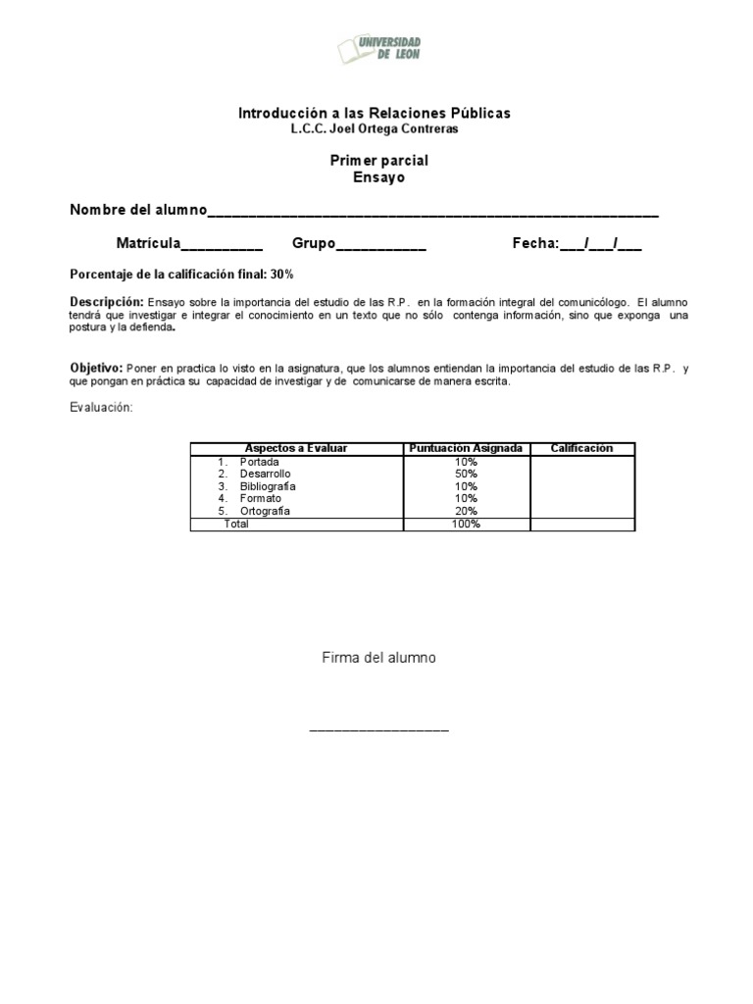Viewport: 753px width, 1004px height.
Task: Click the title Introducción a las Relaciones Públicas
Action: click(375, 114)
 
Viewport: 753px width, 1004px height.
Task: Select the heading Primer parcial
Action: click(377, 161)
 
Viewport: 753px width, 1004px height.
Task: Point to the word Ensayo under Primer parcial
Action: click(377, 177)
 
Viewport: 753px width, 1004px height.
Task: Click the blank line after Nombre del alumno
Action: click(432, 212)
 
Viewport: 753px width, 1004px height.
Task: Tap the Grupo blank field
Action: click(381, 244)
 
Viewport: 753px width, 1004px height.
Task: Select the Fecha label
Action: click(534, 243)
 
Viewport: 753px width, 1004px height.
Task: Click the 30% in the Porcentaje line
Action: click(282, 274)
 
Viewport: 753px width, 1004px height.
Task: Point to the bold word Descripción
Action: click(107, 301)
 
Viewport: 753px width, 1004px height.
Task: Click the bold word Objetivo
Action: click(96, 368)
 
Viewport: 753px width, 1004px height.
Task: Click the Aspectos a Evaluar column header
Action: click(296, 449)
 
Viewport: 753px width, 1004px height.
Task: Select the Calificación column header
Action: click(581, 449)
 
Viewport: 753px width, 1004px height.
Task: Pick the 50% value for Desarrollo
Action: click(466, 474)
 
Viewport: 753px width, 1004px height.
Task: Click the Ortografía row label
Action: click(264, 511)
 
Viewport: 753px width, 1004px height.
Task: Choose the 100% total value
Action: click(466, 524)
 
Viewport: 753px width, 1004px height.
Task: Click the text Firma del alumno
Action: click(378, 658)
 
